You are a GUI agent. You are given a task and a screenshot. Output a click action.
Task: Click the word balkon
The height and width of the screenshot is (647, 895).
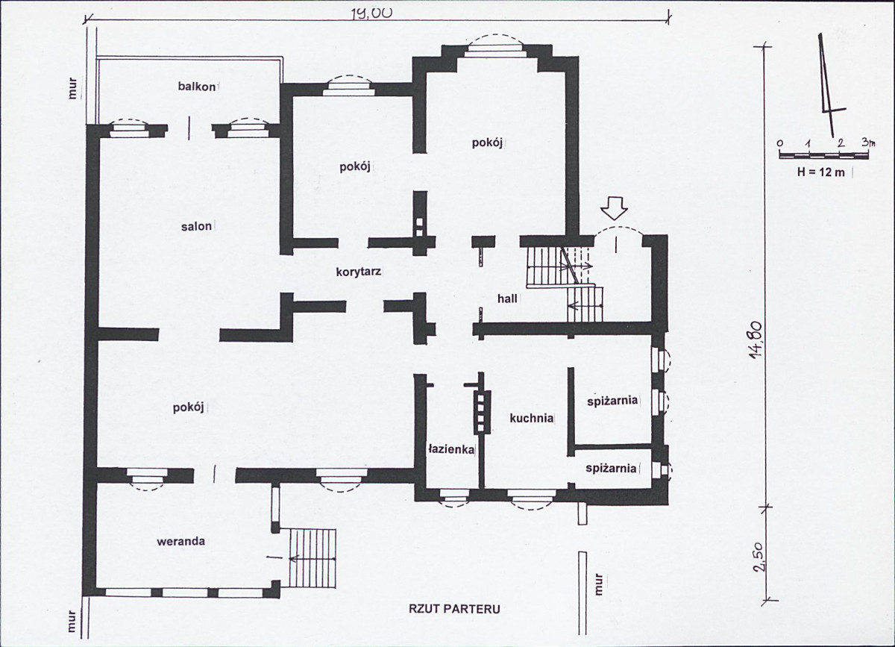[x=197, y=87]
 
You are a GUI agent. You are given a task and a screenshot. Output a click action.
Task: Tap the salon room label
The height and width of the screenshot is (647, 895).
[x=196, y=226]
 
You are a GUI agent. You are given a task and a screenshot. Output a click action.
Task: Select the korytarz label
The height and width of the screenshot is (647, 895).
[x=359, y=272]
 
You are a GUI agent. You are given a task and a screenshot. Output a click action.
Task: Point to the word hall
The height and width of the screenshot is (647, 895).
[x=507, y=299]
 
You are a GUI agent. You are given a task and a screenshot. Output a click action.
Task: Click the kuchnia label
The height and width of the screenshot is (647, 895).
[x=532, y=418]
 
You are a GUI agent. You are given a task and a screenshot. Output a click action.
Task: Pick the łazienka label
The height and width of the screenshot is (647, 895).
[x=451, y=449]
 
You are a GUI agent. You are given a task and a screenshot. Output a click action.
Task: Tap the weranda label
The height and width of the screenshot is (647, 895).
[x=181, y=542]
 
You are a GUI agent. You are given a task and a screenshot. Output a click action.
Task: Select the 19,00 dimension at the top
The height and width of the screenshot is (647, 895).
[x=371, y=13]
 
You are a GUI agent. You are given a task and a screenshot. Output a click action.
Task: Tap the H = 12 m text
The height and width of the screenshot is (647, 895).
[x=821, y=172]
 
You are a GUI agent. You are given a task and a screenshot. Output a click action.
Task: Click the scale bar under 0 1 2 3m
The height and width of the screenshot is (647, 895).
[x=824, y=155]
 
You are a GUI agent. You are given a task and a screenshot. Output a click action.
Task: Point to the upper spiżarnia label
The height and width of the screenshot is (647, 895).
[x=612, y=401]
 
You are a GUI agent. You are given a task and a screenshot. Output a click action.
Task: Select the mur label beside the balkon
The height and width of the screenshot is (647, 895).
[x=72, y=93]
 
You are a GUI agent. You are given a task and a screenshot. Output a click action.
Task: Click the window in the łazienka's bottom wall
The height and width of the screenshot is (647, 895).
[x=455, y=497]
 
